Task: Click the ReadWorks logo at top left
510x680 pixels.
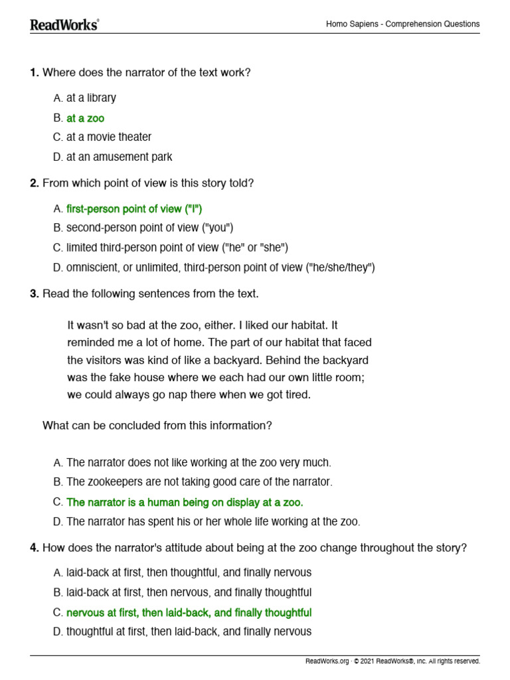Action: click(x=64, y=25)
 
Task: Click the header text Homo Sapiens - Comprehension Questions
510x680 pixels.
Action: click(x=402, y=24)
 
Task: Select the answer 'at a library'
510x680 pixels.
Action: click(x=91, y=98)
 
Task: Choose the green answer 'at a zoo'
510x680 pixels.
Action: click(x=85, y=118)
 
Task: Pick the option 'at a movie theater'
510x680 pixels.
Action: click(x=108, y=137)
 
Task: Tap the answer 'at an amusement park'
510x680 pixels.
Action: click(x=119, y=157)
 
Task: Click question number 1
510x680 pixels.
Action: click(x=34, y=72)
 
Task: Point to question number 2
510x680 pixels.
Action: click(x=34, y=183)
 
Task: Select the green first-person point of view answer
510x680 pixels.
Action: click(x=134, y=209)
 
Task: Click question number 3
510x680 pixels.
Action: click(x=34, y=293)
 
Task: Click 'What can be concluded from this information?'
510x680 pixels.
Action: click(x=157, y=426)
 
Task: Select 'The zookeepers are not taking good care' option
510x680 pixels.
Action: click(x=199, y=482)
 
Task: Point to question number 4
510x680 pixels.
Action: click(x=34, y=548)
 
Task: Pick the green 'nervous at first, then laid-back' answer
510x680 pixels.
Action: click(x=189, y=612)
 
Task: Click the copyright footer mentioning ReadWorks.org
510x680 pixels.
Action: click(x=392, y=661)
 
